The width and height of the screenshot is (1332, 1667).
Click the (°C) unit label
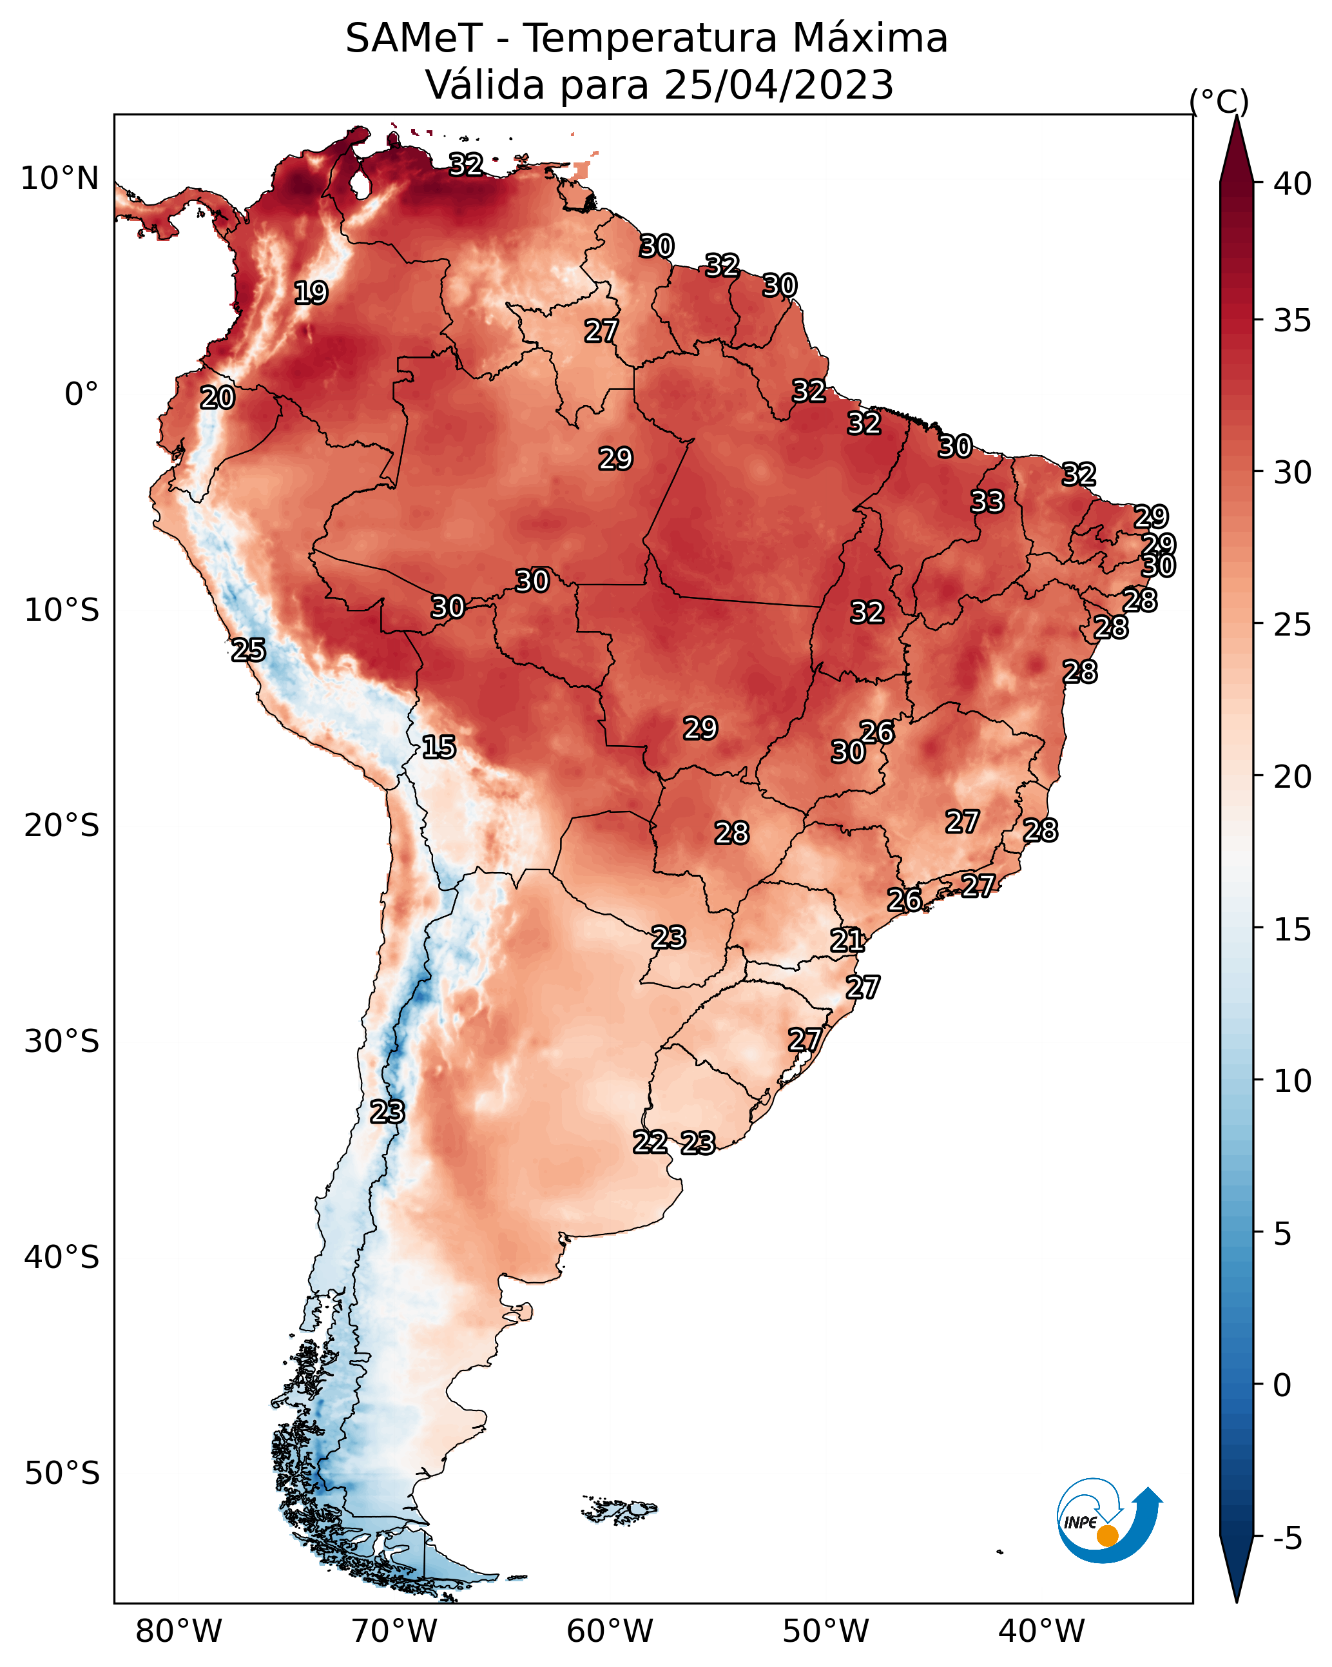1219,101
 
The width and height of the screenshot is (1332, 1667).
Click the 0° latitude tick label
82,394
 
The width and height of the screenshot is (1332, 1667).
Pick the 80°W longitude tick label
179,1631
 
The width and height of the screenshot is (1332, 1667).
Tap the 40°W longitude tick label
1041,1631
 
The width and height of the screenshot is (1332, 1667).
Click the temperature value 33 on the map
987,502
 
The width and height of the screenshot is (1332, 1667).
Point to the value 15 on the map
438,747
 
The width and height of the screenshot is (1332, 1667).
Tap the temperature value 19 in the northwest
311,293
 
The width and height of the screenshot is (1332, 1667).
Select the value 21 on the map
847,941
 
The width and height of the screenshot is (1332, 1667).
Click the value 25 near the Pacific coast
248,650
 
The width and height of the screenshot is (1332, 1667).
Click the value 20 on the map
217,398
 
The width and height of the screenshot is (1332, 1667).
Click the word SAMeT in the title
414,38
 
